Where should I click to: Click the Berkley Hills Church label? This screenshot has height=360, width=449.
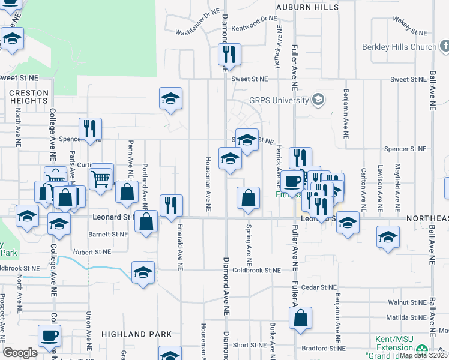coord(399,47)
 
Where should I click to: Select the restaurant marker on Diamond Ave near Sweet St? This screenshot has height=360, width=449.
coord(229,55)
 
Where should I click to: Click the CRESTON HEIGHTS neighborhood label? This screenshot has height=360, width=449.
coord(28,97)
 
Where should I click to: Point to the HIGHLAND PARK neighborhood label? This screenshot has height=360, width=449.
coord(137,334)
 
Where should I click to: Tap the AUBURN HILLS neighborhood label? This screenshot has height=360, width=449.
coord(306,7)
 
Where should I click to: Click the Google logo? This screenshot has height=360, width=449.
coord(20,353)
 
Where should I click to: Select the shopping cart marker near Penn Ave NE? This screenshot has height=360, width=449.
coord(100,178)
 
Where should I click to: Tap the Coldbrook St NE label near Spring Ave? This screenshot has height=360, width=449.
coord(258,271)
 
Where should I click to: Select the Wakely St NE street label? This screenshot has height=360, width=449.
coord(410,26)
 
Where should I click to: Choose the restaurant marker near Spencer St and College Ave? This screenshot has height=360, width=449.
coord(90,128)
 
